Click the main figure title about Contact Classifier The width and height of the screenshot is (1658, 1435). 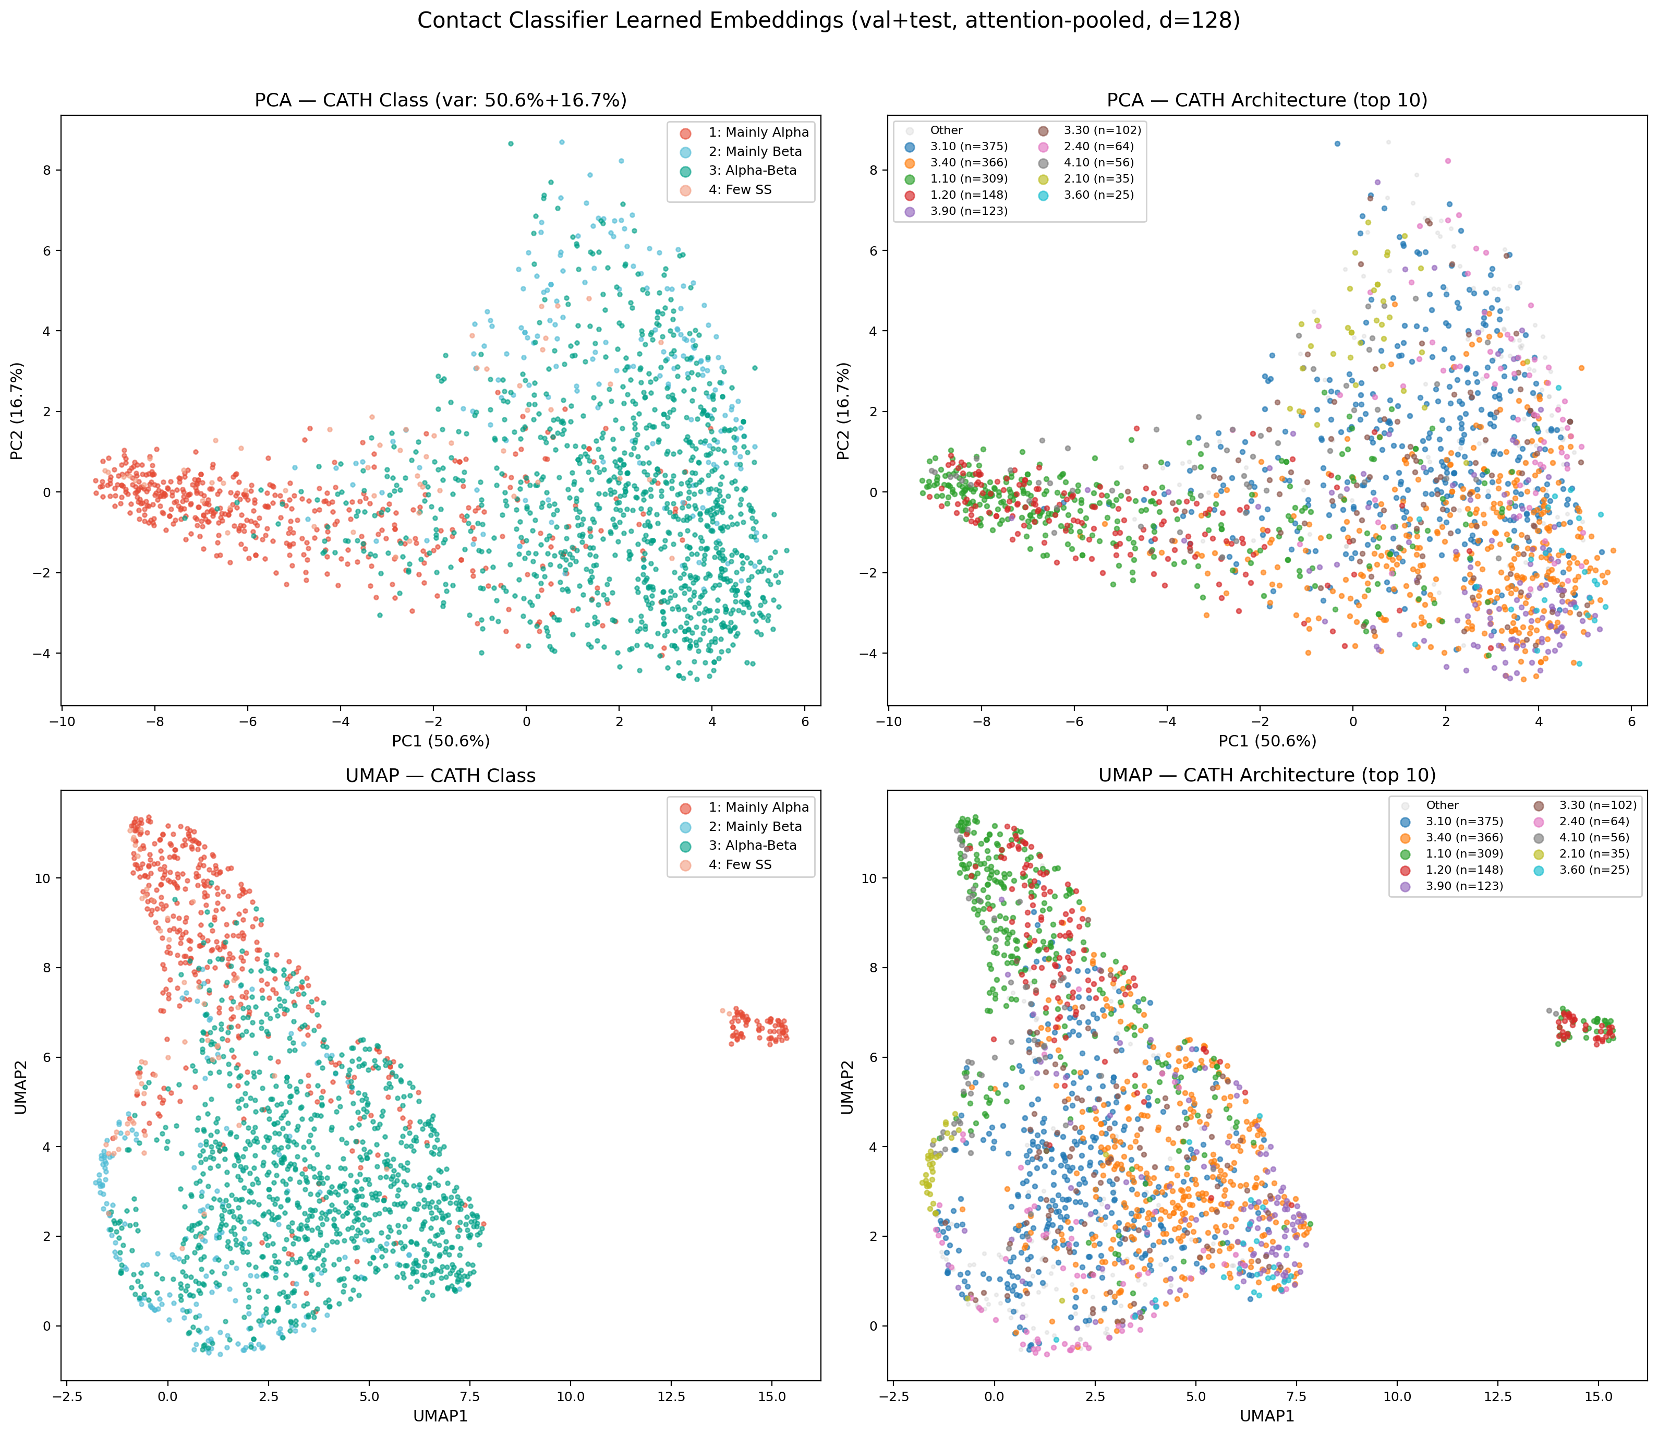click(x=829, y=21)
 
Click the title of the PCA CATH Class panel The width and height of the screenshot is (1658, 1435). click(x=440, y=100)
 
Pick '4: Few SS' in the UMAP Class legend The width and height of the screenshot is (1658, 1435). click(x=740, y=865)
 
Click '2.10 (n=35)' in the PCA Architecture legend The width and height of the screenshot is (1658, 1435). click(x=1098, y=178)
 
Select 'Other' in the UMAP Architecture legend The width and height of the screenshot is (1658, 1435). click(x=1443, y=805)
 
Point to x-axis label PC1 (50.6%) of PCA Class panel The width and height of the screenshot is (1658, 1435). click(x=440, y=742)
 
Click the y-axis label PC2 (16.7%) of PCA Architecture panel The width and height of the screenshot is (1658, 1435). click(x=844, y=411)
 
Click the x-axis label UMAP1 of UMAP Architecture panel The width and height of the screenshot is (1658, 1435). click(x=1267, y=1417)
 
